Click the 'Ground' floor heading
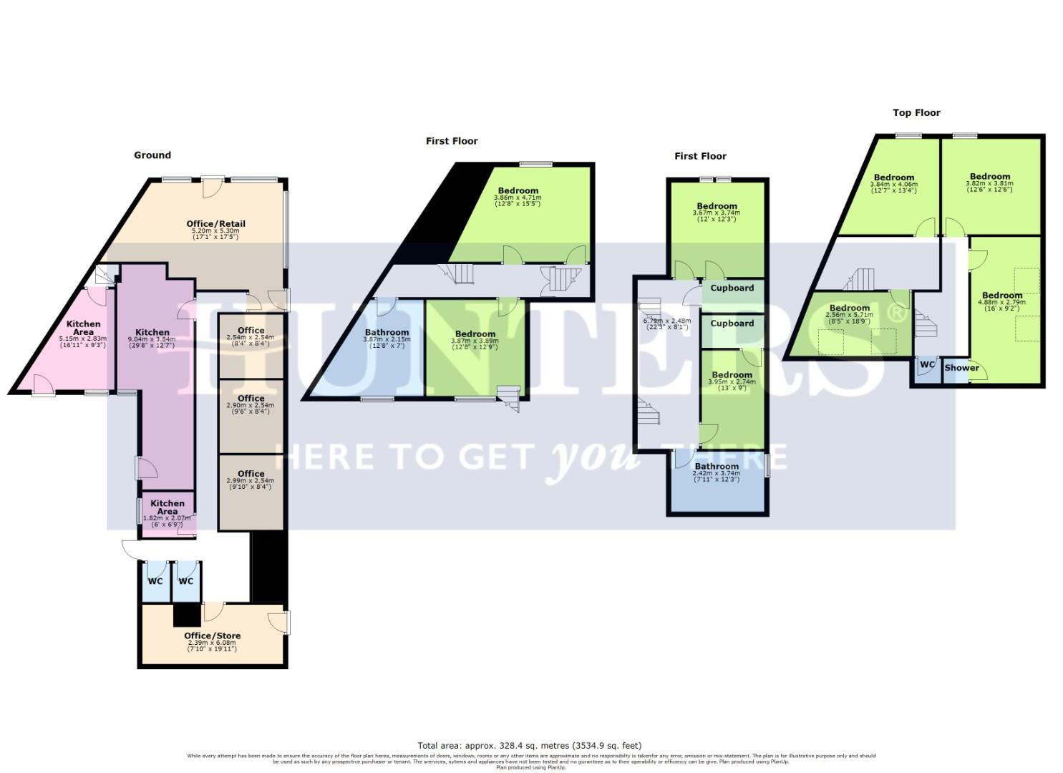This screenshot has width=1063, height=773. [x=152, y=155]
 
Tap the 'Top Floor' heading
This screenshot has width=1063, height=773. [x=916, y=112]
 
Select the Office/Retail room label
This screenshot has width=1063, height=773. [x=215, y=224]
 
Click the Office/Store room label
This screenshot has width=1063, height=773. [x=212, y=636]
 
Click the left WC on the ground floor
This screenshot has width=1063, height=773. [x=155, y=581]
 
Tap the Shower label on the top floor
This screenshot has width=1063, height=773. [x=961, y=368]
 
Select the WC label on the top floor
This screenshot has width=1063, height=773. [x=927, y=364]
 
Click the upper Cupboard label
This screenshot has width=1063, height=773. [x=732, y=288]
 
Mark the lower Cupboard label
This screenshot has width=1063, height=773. [x=732, y=324]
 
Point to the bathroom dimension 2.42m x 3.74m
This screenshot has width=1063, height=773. [x=716, y=474]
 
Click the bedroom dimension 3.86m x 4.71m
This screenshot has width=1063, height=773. [x=518, y=198]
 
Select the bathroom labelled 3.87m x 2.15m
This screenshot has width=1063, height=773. [x=387, y=339]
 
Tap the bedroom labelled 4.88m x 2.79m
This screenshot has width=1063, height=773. [x=1001, y=303]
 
